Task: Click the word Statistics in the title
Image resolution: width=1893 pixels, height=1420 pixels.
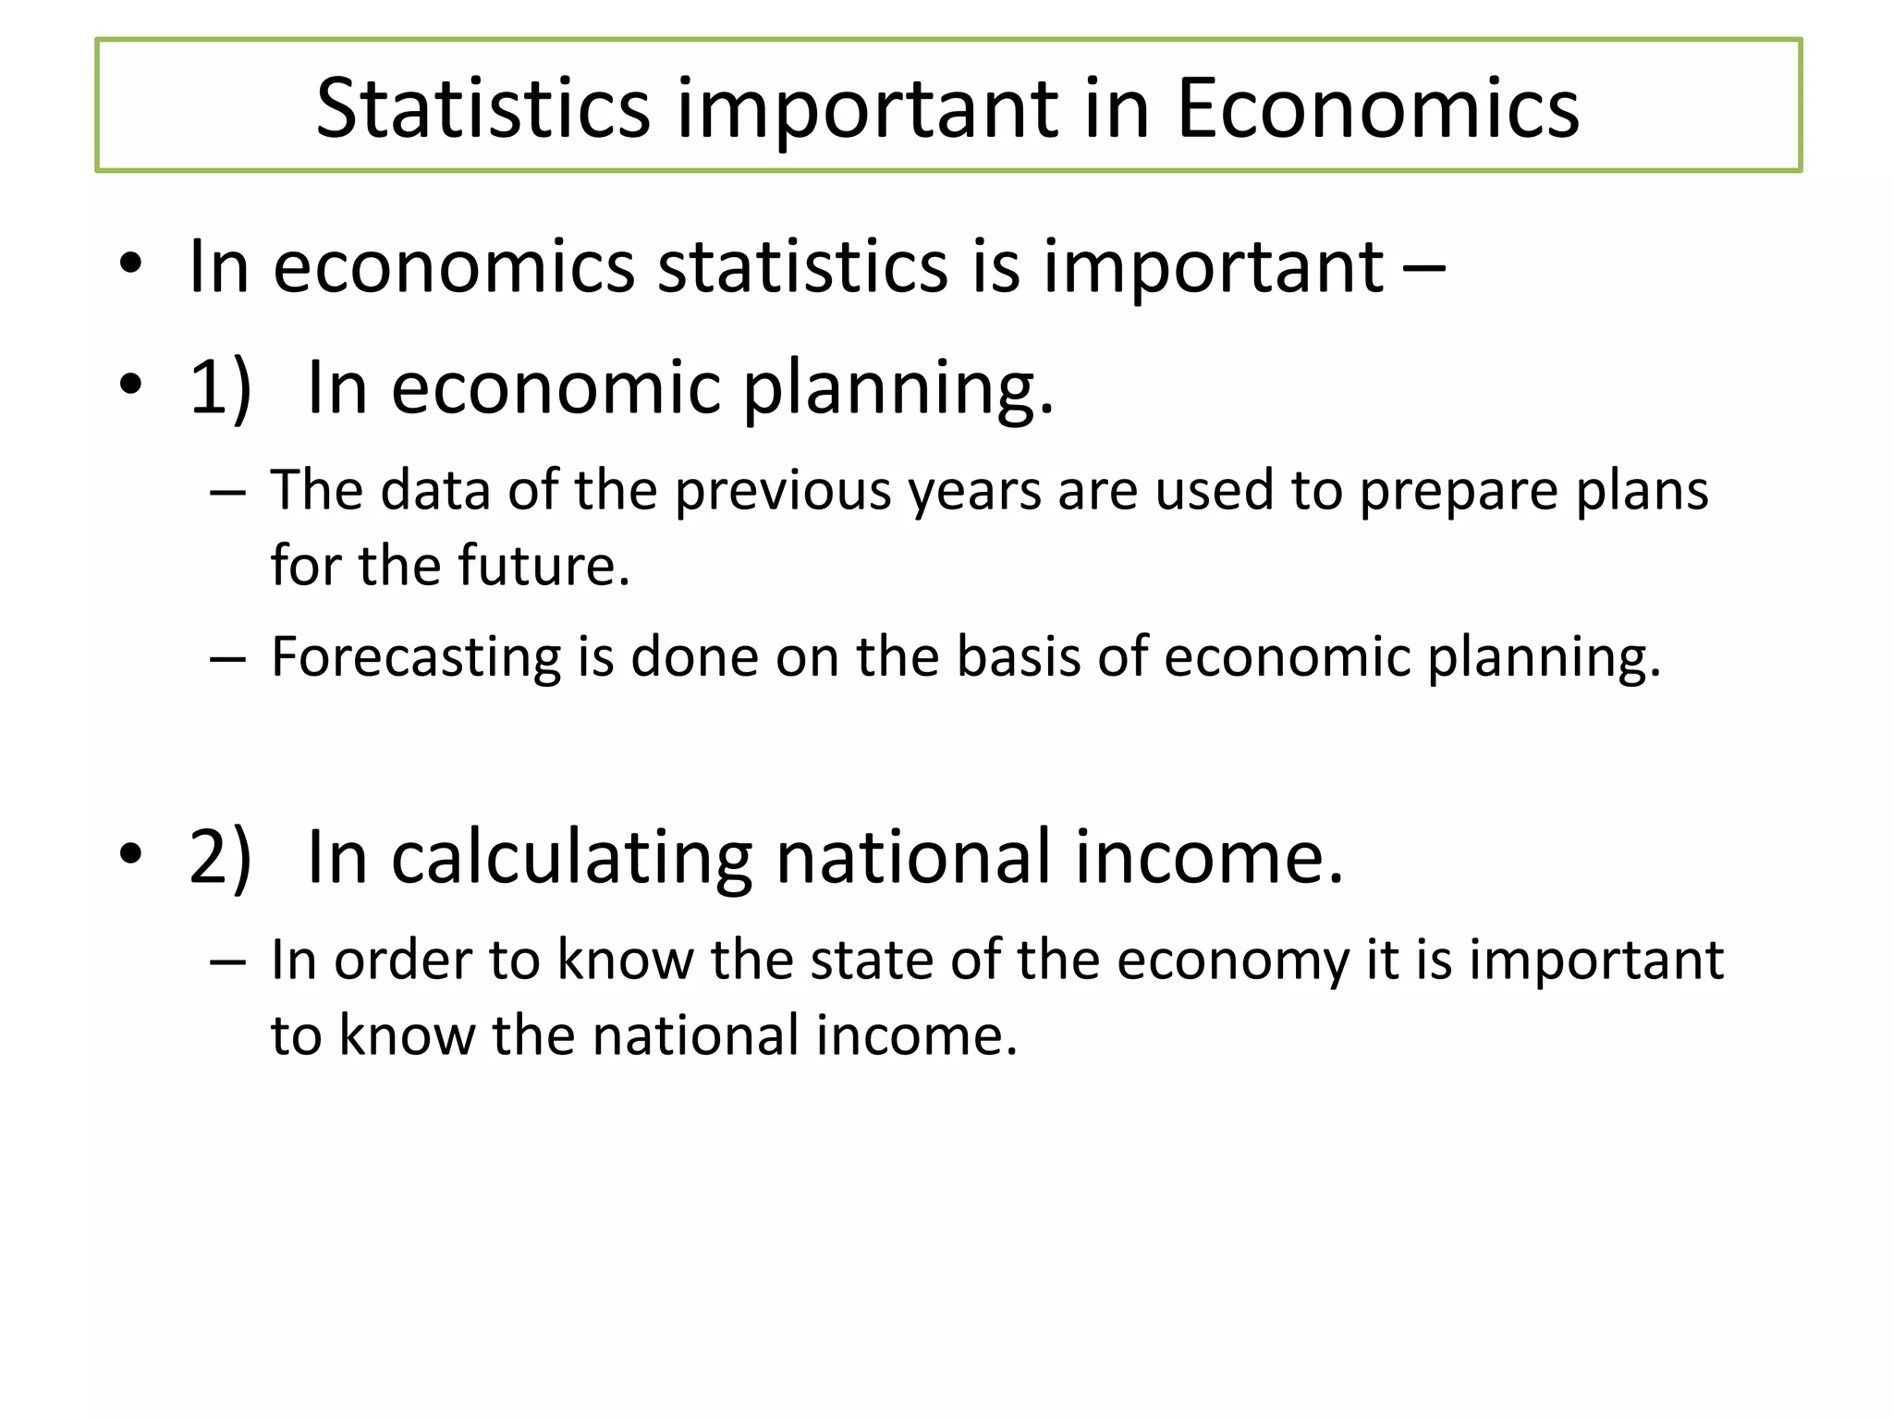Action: (x=482, y=108)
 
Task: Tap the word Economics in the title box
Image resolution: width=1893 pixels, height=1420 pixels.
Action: (x=1377, y=108)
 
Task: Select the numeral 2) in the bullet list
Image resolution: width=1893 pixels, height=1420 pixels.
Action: (x=220, y=856)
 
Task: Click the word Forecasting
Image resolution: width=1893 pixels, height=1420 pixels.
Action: (x=415, y=658)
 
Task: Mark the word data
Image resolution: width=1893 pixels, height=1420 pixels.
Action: (x=435, y=489)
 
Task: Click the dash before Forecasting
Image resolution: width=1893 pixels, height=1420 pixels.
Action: (x=227, y=658)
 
